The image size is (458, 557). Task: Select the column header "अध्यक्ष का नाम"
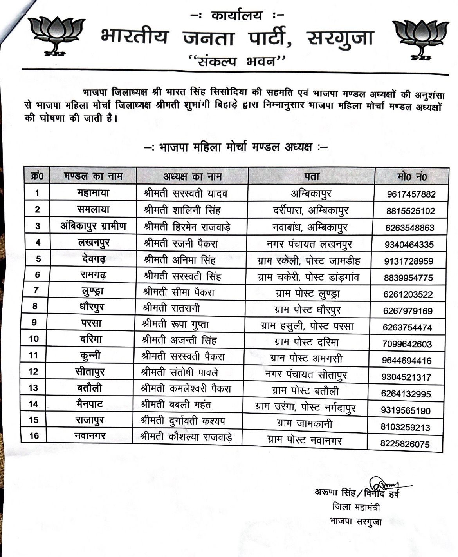pos(192,176)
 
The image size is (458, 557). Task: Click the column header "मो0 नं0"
pos(412,177)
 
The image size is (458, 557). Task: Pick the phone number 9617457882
pos(411,194)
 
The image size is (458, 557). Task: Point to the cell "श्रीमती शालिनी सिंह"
pos(182,210)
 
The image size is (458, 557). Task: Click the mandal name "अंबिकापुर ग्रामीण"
pos(93,226)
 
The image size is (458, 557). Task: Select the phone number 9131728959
pos(409,261)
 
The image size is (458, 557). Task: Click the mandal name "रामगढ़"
pos(93,275)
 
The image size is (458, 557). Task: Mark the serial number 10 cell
pos(34,338)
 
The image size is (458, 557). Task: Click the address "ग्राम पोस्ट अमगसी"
pos(307,358)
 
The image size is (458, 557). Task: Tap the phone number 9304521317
pos(406,377)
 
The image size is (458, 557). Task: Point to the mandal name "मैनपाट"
pos(90,403)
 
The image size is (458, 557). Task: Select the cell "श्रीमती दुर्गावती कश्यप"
pos(183,421)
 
